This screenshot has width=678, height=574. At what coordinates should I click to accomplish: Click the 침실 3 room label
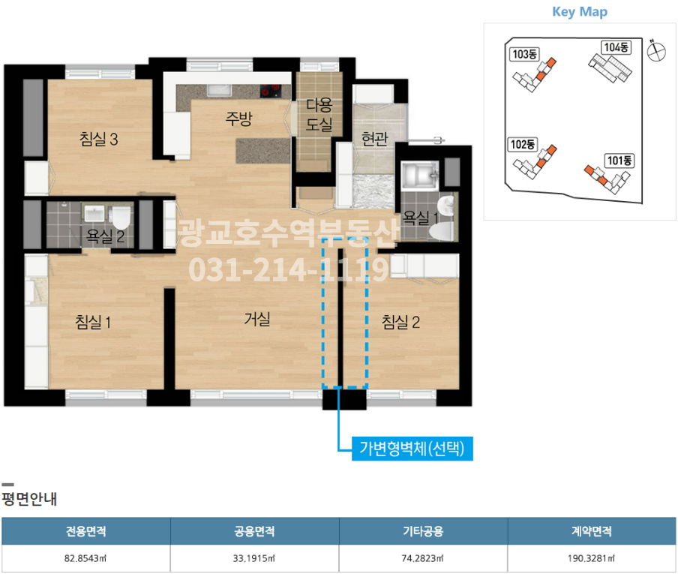pyautogui.click(x=98, y=140)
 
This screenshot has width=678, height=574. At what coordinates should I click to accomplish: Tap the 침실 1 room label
pyautogui.click(x=93, y=322)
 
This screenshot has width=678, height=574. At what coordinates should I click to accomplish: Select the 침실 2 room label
pyautogui.click(x=400, y=322)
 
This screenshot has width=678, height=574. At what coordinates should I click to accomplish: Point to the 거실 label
pyautogui.click(x=257, y=319)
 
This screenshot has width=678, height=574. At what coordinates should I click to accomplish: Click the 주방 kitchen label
pyautogui.click(x=238, y=118)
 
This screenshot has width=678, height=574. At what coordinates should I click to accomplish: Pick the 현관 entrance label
pyautogui.click(x=374, y=139)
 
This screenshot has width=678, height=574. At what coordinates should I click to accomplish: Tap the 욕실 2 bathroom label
pyautogui.click(x=106, y=236)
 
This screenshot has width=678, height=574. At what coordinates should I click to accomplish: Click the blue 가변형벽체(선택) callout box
pyautogui.click(x=412, y=449)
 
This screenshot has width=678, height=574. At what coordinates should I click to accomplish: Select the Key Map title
pyautogui.click(x=580, y=12)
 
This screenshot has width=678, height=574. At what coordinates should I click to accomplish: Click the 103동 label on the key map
pyautogui.click(x=524, y=54)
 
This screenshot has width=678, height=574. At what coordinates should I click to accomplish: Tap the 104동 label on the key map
pyautogui.click(x=616, y=47)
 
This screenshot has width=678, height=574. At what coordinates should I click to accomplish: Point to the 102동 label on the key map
pyautogui.click(x=523, y=144)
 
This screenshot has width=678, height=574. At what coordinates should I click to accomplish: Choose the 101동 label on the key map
pyautogui.click(x=619, y=161)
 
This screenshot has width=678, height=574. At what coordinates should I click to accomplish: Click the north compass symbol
pyautogui.click(x=656, y=51)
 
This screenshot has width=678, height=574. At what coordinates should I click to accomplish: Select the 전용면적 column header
pyautogui.click(x=86, y=531)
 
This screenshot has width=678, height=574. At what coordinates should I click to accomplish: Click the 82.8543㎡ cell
pyautogui.click(x=85, y=558)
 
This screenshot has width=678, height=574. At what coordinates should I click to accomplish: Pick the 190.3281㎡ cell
pyautogui.click(x=592, y=558)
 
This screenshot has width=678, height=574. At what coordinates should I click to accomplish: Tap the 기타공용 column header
pyautogui.click(x=423, y=531)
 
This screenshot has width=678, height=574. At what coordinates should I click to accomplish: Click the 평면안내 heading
pyautogui.click(x=29, y=499)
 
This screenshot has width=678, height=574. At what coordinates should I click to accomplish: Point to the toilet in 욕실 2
pyautogui.click(x=121, y=218)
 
